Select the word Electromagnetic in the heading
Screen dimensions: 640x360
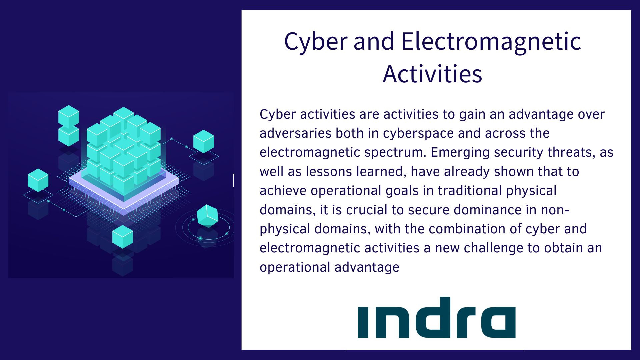[x=491, y=42]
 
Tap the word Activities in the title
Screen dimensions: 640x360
[x=432, y=74]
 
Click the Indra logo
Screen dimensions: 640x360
[x=437, y=318]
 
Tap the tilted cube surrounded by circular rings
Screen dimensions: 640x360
[x=207, y=216]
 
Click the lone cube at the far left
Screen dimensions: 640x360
[x=38, y=180]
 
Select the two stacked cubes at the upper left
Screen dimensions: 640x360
[x=69, y=126]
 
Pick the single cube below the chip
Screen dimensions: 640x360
[x=123, y=237]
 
